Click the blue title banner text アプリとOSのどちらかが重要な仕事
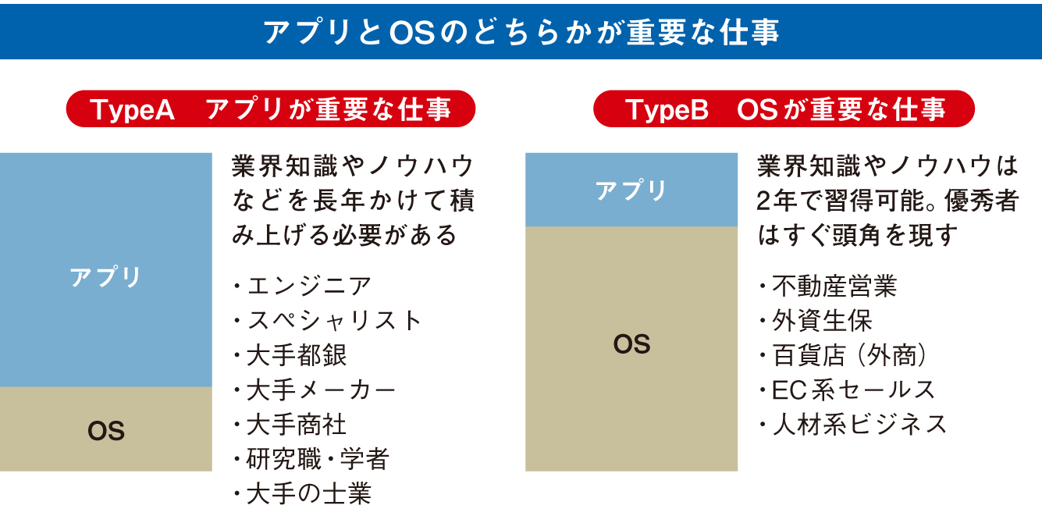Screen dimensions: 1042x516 click(x=521, y=32)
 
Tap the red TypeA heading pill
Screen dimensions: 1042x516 click(x=271, y=109)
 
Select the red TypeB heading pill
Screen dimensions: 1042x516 click(x=784, y=109)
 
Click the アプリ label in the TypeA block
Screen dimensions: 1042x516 click(x=105, y=277)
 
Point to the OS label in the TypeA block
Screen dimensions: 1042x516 click(x=106, y=431)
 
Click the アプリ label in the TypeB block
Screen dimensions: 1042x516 click(x=631, y=190)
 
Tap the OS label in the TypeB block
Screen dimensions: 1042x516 click(x=631, y=344)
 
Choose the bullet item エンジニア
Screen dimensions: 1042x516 click(x=309, y=286)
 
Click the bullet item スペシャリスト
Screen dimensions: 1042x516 click(x=334, y=320)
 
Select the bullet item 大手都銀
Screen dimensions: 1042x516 click(x=297, y=355)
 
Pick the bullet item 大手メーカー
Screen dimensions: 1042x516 click(x=321, y=390)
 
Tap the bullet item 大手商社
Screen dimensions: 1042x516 click(x=297, y=425)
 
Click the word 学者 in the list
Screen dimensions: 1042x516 click(x=365, y=459)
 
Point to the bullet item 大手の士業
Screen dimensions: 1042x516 click(x=309, y=493)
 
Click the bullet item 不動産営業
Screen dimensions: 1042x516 click(x=834, y=286)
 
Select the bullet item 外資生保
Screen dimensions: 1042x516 click(x=822, y=320)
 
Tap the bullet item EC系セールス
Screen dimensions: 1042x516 click(x=853, y=390)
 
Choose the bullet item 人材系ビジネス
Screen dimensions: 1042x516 click(x=859, y=425)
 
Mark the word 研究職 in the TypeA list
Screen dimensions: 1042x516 click(x=284, y=459)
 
